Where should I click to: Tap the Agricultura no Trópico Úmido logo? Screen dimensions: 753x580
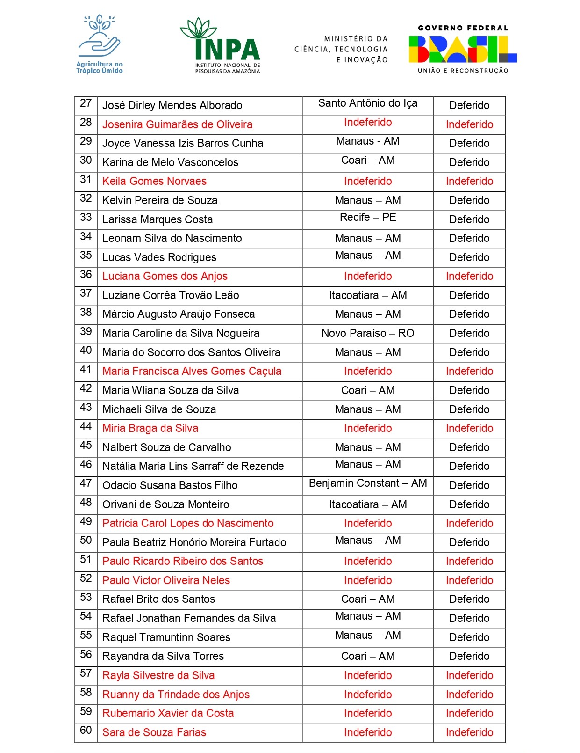tap(100, 45)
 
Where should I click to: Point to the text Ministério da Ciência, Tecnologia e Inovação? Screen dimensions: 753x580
tap(341, 49)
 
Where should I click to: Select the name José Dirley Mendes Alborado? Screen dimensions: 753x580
tap(172, 105)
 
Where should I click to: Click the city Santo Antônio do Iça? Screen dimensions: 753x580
tap(368, 103)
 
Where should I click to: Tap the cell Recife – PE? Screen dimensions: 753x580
tap(368, 217)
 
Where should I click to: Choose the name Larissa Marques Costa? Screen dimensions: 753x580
tap(158, 219)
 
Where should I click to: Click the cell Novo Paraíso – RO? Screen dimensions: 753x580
tap(368, 333)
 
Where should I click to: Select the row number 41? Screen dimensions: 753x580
tap(86, 369)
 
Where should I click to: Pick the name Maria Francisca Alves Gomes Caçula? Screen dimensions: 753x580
tap(192, 371)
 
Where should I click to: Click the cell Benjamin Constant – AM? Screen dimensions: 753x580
tap(368, 483)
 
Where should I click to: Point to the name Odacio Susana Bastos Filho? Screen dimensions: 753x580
tap(170, 485)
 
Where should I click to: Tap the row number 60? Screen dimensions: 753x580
tap(86, 730)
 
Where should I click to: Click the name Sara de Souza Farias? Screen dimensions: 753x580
tap(154, 732)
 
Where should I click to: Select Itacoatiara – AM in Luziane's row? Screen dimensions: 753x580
tap(368, 295)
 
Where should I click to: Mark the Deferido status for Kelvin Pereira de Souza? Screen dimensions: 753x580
tap(469, 200)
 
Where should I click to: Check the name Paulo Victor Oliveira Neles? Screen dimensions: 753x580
tap(166, 580)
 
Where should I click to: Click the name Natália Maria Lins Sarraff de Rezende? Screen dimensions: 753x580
tap(193, 466)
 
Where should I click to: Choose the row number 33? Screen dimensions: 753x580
tap(86, 217)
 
